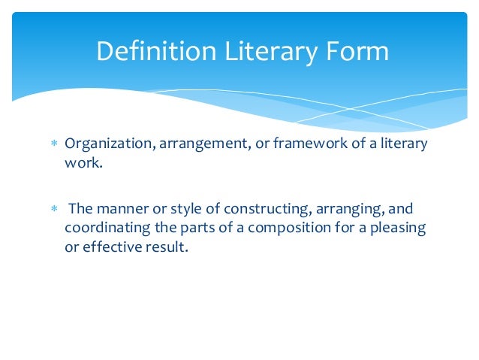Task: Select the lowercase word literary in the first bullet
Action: click(401, 144)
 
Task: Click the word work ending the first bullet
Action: click(81, 162)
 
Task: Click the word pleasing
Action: click(399, 227)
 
